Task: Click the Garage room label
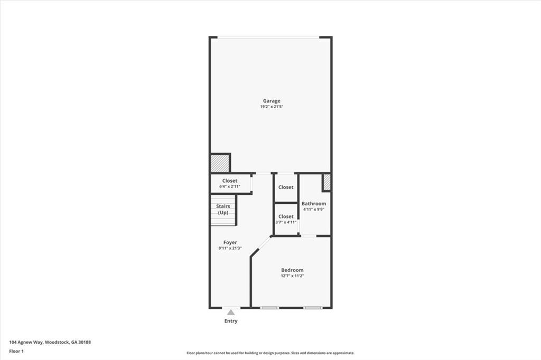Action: [272, 101]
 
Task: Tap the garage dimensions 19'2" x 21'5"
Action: [272, 107]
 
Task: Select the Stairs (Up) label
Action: [223, 209]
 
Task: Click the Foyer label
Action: [230, 242]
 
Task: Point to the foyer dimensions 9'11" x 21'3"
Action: [230, 248]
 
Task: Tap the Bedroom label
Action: [292, 270]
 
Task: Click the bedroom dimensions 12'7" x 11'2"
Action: [292, 276]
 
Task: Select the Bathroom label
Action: [314, 203]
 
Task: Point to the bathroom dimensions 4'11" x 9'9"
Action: [314, 209]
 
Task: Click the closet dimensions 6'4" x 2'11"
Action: [229, 186]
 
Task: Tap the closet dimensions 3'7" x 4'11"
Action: [286, 222]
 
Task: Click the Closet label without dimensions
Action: [286, 187]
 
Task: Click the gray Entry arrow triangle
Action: [231, 312]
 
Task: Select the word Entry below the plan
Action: [231, 321]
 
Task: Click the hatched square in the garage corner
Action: [220, 163]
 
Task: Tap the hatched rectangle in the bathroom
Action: [327, 182]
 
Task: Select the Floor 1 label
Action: [16, 350]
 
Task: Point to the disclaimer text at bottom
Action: [270, 353]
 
